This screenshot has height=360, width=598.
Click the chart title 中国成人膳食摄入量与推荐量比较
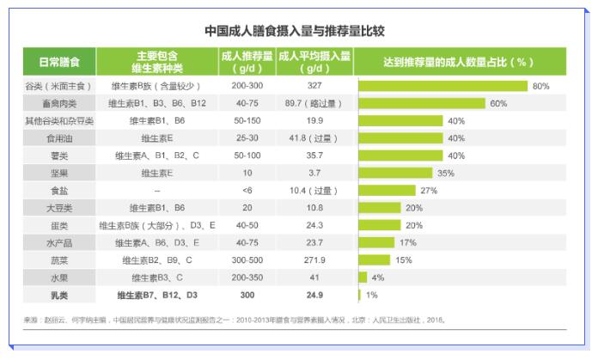pos(294,31)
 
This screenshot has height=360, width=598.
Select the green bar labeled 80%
pos(442,86)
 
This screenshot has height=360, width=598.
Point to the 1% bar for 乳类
pos(359,295)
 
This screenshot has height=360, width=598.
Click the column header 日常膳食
pos(60,63)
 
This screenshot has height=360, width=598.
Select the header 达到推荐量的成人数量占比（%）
pos(461,63)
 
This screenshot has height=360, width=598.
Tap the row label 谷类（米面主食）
pos(60,86)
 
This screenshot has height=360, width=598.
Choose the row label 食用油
pos(60,137)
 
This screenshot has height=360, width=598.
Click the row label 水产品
pos(60,242)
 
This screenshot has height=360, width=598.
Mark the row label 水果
pos(60,278)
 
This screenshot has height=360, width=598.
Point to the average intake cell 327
pos(314,86)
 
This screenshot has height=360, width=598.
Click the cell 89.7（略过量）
pos(314,103)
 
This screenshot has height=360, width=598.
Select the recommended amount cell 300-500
pos(247,259)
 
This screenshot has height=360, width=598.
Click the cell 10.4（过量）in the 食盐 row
pos(314,190)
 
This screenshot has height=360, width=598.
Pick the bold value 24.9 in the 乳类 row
pos(314,295)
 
